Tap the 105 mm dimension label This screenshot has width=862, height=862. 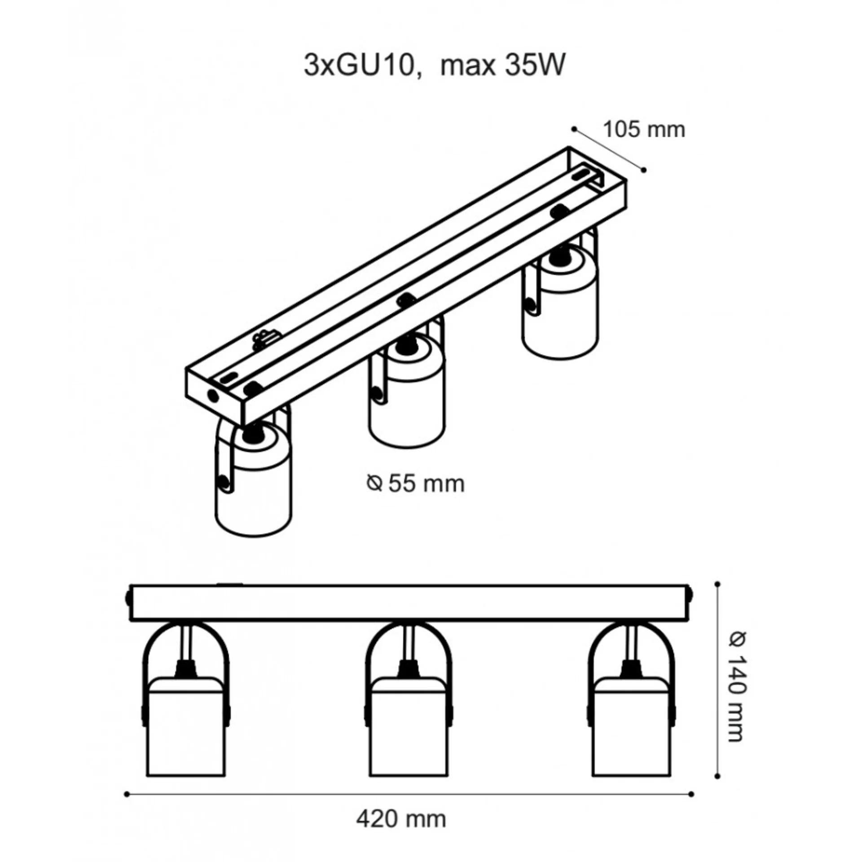644,130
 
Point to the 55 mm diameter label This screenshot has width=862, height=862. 426,484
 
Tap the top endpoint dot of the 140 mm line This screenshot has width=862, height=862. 717,584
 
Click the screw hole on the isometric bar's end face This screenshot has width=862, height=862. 212,395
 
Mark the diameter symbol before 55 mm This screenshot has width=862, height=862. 374,484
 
